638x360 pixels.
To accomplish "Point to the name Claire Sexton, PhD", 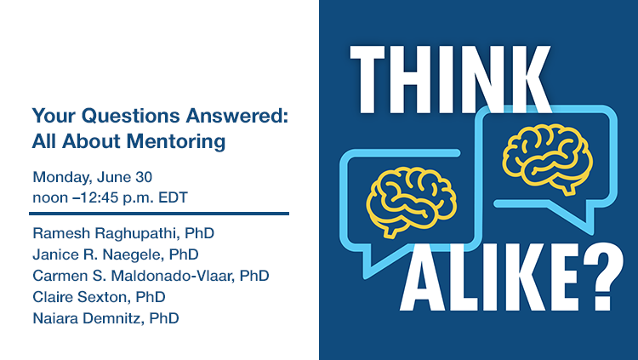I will pyautogui.click(x=99, y=297).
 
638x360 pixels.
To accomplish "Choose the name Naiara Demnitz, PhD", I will pyautogui.click(x=105, y=318).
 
